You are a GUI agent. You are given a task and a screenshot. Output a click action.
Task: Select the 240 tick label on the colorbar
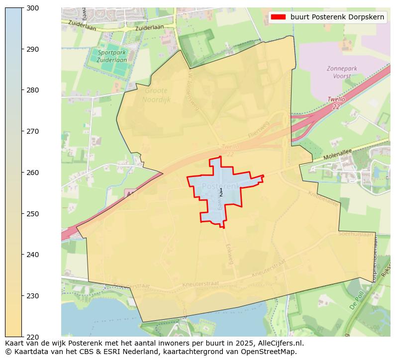coord(33,255)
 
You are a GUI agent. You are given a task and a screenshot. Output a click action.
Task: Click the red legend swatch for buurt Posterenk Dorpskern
coord(278,17)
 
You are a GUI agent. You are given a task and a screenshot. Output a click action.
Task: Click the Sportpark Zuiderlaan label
coord(112,56)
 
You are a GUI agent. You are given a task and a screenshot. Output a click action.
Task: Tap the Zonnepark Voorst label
coord(339,73)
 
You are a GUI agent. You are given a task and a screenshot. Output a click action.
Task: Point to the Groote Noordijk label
coord(156,95)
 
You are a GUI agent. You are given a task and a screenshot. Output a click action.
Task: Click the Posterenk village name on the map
coord(219,186)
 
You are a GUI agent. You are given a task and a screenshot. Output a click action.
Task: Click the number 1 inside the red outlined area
coord(221,190)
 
